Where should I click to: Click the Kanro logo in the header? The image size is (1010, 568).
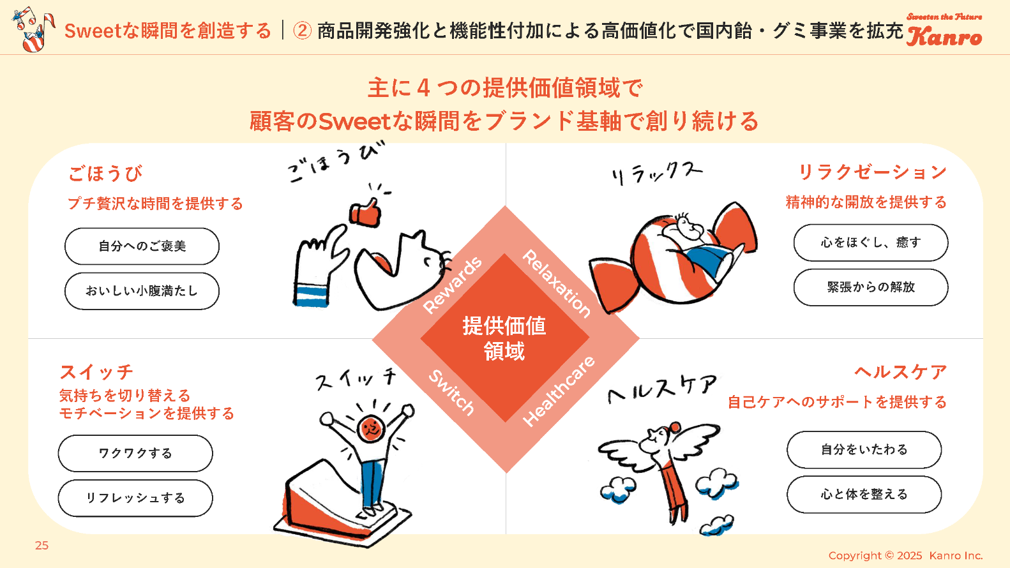944,31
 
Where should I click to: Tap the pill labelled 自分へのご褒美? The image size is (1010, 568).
142,246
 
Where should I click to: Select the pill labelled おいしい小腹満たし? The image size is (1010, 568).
142,291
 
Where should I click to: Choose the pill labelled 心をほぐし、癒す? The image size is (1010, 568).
871,243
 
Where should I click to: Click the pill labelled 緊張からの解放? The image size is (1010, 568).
871,287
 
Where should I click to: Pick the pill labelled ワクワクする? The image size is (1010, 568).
135,453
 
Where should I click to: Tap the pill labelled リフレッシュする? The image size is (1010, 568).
135,498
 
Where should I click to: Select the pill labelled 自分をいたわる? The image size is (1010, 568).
864,449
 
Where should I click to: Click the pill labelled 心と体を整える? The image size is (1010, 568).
864,494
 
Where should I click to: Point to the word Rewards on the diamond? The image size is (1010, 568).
453,285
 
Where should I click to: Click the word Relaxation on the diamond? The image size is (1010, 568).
557,283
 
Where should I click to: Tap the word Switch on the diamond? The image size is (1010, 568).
451,392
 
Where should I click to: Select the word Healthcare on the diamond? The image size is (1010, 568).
559,391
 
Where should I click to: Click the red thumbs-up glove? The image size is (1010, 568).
365,213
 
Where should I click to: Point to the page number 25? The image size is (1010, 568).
42,546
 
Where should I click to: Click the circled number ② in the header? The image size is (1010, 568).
302,31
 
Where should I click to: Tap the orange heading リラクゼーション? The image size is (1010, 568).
873,172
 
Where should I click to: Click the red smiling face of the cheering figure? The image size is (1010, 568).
370,428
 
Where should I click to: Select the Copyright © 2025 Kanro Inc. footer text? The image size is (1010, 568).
905,555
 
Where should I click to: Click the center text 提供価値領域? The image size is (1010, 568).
504,338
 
